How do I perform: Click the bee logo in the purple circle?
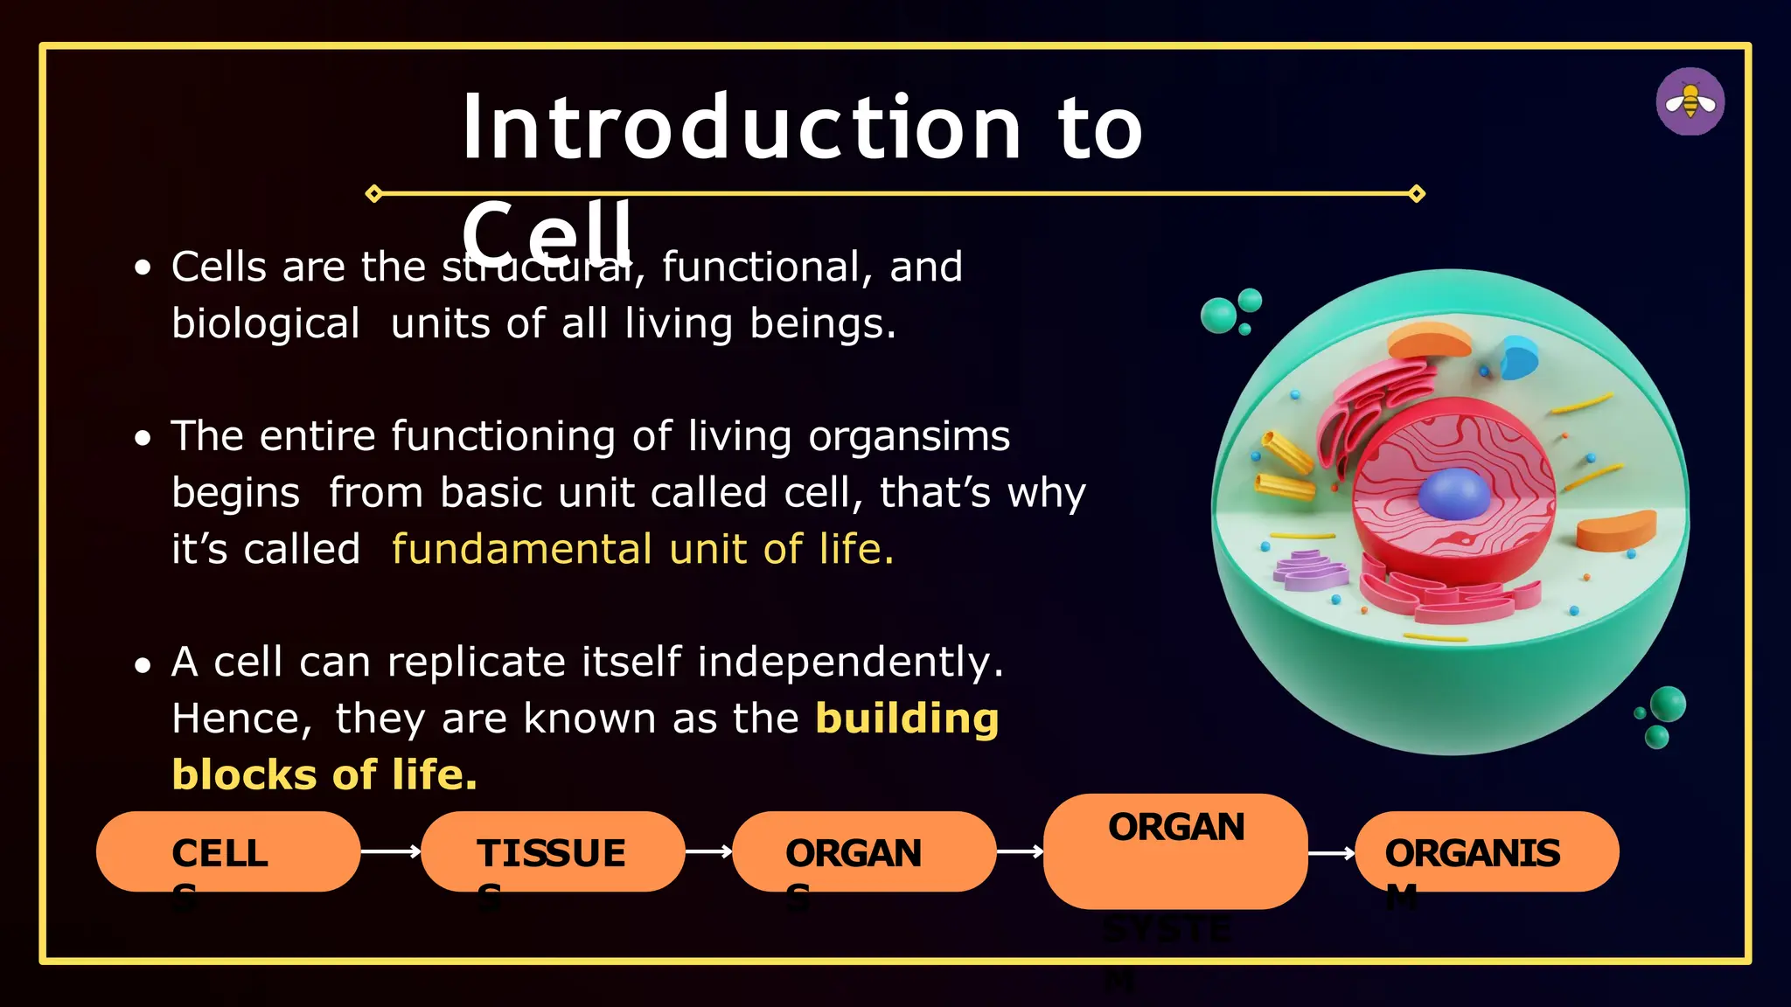(1690, 102)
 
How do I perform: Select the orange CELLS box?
(227, 851)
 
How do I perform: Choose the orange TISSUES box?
(552, 851)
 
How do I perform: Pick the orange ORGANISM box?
(1486, 851)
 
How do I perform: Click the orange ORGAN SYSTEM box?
(1175, 851)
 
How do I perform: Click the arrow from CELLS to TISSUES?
(391, 851)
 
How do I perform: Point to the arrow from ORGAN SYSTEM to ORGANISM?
(1331, 853)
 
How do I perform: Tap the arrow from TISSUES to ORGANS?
(708, 851)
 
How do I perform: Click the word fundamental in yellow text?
(521, 550)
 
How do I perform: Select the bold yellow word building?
(907, 719)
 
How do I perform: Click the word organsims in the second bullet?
(909, 436)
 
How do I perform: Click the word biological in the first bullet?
(265, 323)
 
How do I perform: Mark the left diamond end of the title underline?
(374, 193)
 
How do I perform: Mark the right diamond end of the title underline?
(1417, 193)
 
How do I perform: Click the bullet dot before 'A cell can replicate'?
(143, 666)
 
